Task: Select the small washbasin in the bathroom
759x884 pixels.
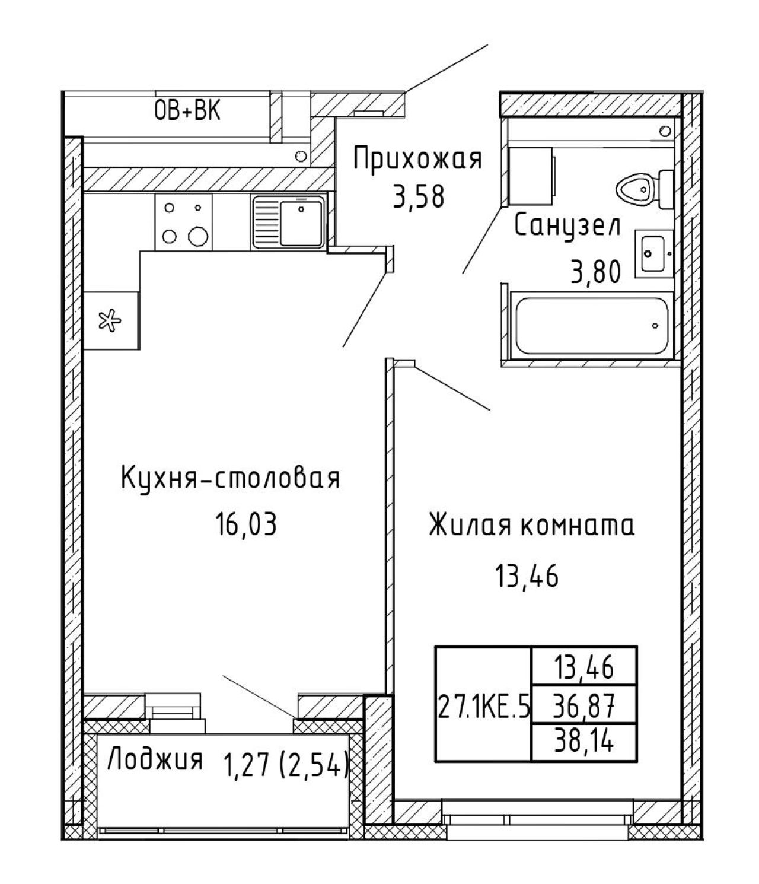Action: coord(654,253)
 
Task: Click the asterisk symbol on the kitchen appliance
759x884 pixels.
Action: coord(110,321)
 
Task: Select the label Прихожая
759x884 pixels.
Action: coord(417,159)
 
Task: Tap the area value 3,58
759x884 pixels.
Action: coord(419,197)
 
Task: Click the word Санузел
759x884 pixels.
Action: coord(567,227)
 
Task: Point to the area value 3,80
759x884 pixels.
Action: coord(596,272)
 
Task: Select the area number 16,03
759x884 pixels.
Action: coord(247,524)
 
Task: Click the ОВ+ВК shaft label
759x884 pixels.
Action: coord(187,112)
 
